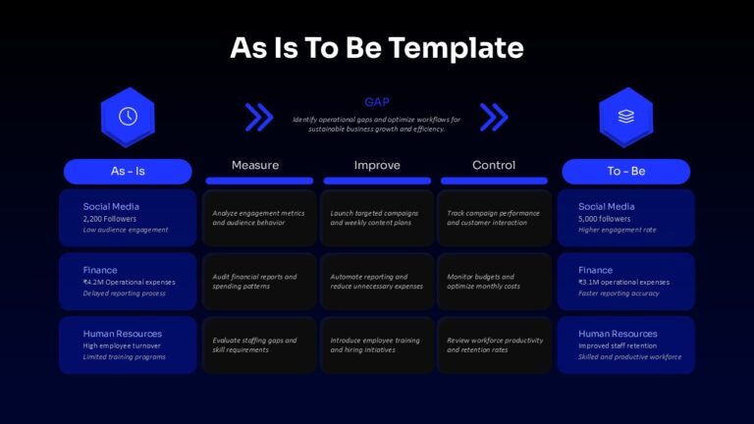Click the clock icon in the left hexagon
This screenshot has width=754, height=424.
tap(128, 117)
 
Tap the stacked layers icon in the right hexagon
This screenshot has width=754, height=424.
tap(626, 117)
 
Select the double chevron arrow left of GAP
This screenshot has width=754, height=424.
tap(259, 117)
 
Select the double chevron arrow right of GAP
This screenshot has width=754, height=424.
tap(494, 117)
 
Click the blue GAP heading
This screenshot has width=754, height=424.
tap(377, 102)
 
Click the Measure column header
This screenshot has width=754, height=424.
tap(255, 165)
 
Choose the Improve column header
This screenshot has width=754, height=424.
tap(377, 165)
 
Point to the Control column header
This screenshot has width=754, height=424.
tap(494, 165)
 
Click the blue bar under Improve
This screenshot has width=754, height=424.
tap(377, 181)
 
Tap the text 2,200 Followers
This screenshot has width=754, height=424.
tap(110, 219)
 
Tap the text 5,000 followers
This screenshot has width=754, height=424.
tap(605, 219)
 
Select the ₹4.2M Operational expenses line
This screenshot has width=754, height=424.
tap(129, 283)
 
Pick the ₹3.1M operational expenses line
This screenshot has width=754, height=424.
tap(623, 283)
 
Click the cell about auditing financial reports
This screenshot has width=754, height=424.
tap(259, 282)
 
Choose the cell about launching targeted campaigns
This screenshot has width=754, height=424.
tap(377, 218)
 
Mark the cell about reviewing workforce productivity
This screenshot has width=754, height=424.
tap(495, 344)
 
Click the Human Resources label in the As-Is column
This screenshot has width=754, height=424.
tap(122, 334)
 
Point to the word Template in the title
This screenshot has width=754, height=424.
tap(456, 48)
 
